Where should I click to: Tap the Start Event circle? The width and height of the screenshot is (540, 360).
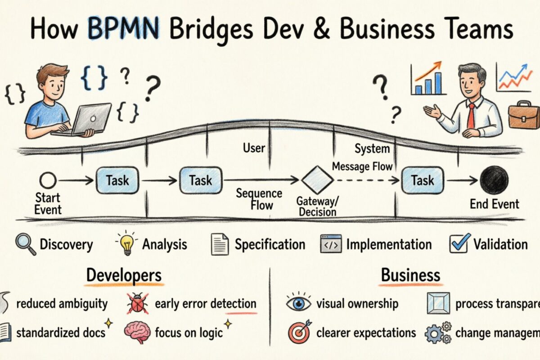click(x=48, y=181)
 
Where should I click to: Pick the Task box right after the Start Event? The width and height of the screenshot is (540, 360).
click(x=117, y=180)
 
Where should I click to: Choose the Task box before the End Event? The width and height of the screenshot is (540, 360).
click(x=422, y=180)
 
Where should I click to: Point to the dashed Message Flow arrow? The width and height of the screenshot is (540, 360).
click(x=367, y=180)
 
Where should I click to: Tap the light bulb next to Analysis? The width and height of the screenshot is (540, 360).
click(x=126, y=243)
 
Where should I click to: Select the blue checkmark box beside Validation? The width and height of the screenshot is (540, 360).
click(x=459, y=243)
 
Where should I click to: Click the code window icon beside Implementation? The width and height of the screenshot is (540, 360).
click(x=331, y=244)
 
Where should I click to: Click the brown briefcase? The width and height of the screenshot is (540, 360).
click(x=523, y=115)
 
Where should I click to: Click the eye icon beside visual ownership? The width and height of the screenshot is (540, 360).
click(x=298, y=303)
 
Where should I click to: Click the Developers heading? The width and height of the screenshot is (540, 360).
click(x=124, y=275)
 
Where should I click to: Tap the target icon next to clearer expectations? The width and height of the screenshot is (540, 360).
click(x=298, y=333)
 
